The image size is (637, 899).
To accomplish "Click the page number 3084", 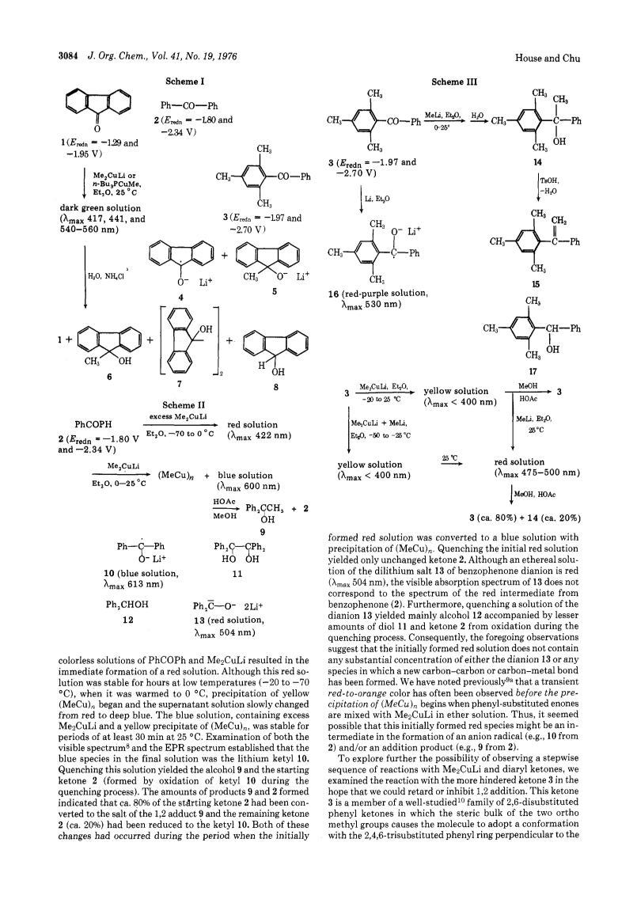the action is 70,56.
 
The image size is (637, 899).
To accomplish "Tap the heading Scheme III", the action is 454,82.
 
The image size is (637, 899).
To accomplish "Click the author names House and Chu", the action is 548,58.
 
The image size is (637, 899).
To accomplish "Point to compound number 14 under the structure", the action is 537,162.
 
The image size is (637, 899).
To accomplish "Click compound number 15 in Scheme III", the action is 536,284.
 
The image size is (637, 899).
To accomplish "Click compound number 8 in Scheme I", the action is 276,387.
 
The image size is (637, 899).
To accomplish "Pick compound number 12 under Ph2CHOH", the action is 128,620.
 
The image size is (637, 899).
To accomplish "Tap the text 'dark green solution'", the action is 100,208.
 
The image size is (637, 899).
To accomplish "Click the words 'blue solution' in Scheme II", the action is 245,476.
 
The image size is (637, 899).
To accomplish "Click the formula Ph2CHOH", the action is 127,605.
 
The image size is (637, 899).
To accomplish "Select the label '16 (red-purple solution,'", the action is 378,294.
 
